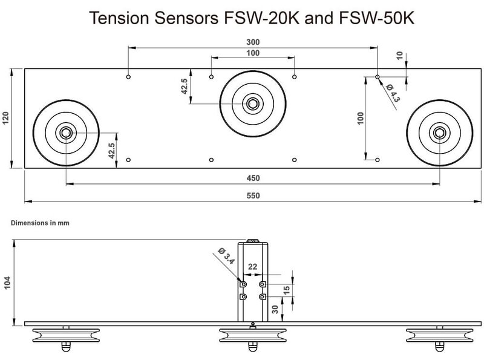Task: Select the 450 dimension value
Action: click(x=253, y=178)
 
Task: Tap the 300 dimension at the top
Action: click(x=253, y=42)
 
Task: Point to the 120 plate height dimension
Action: click(x=5, y=119)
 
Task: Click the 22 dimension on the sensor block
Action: click(x=253, y=267)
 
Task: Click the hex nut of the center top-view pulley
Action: click(x=252, y=103)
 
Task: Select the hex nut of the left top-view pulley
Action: click(x=65, y=132)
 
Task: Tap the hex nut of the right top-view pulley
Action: click(x=440, y=132)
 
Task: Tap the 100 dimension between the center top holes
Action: click(x=253, y=53)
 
